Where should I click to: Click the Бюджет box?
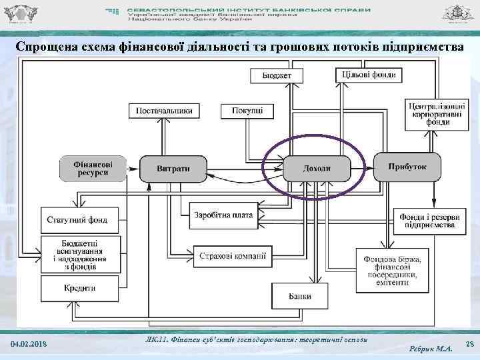(x=277, y=75)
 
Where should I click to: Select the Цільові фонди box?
(x=369, y=75)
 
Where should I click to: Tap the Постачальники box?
(x=164, y=111)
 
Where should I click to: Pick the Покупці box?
(x=247, y=111)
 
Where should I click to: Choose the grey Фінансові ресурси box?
(x=91, y=167)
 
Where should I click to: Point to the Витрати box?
(x=173, y=169)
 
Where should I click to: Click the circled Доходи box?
(x=317, y=169)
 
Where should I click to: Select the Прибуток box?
(x=407, y=167)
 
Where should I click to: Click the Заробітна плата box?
(x=224, y=215)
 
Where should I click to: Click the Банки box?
(x=300, y=295)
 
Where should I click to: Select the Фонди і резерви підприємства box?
(x=429, y=220)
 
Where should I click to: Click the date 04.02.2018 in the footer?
(x=29, y=343)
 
